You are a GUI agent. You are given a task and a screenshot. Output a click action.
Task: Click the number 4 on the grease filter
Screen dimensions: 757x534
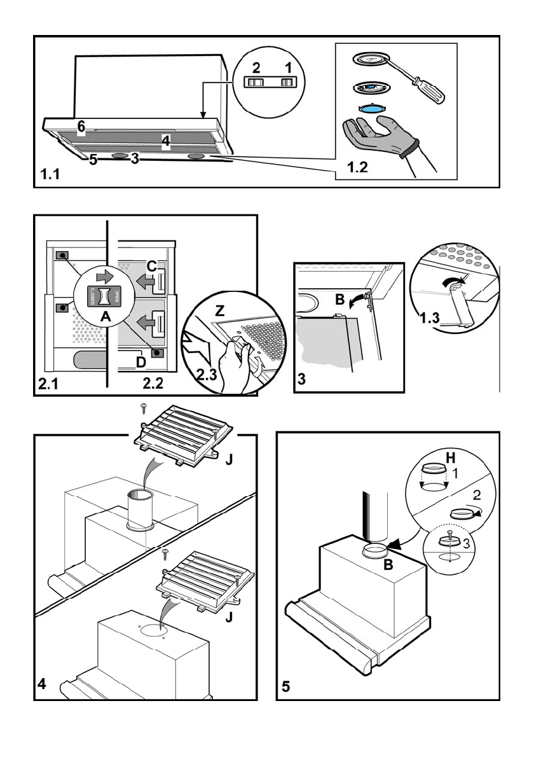pos(165,141)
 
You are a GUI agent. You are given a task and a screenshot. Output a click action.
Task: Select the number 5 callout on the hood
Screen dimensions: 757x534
pos(93,160)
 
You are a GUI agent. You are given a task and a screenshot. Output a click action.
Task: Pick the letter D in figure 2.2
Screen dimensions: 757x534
pos(141,362)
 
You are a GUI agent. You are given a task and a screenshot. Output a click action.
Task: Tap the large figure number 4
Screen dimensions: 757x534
pos(42,685)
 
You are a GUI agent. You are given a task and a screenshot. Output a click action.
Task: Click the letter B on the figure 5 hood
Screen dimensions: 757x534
pos(388,564)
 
